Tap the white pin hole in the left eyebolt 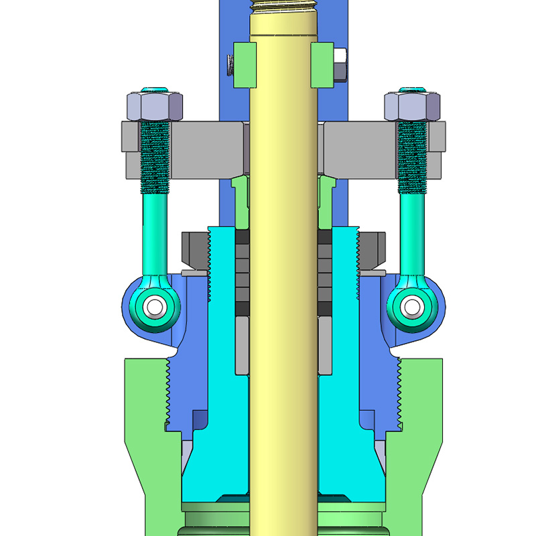tap(155, 306)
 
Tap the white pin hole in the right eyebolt tap(410, 306)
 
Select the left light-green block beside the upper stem tap(245, 65)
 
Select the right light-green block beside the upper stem tap(322, 65)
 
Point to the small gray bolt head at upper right tap(340, 65)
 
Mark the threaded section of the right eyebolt tap(411, 154)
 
